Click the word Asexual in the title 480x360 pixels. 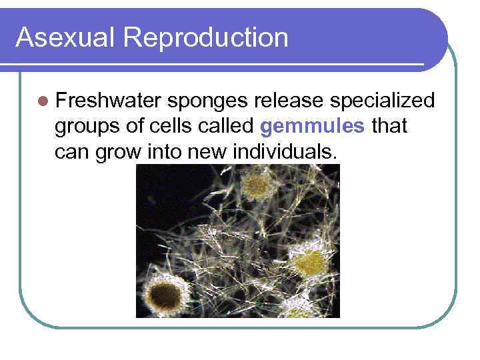(54, 37)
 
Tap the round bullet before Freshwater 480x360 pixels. (43, 101)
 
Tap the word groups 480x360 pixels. (85, 127)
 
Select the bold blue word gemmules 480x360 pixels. (313, 127)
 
